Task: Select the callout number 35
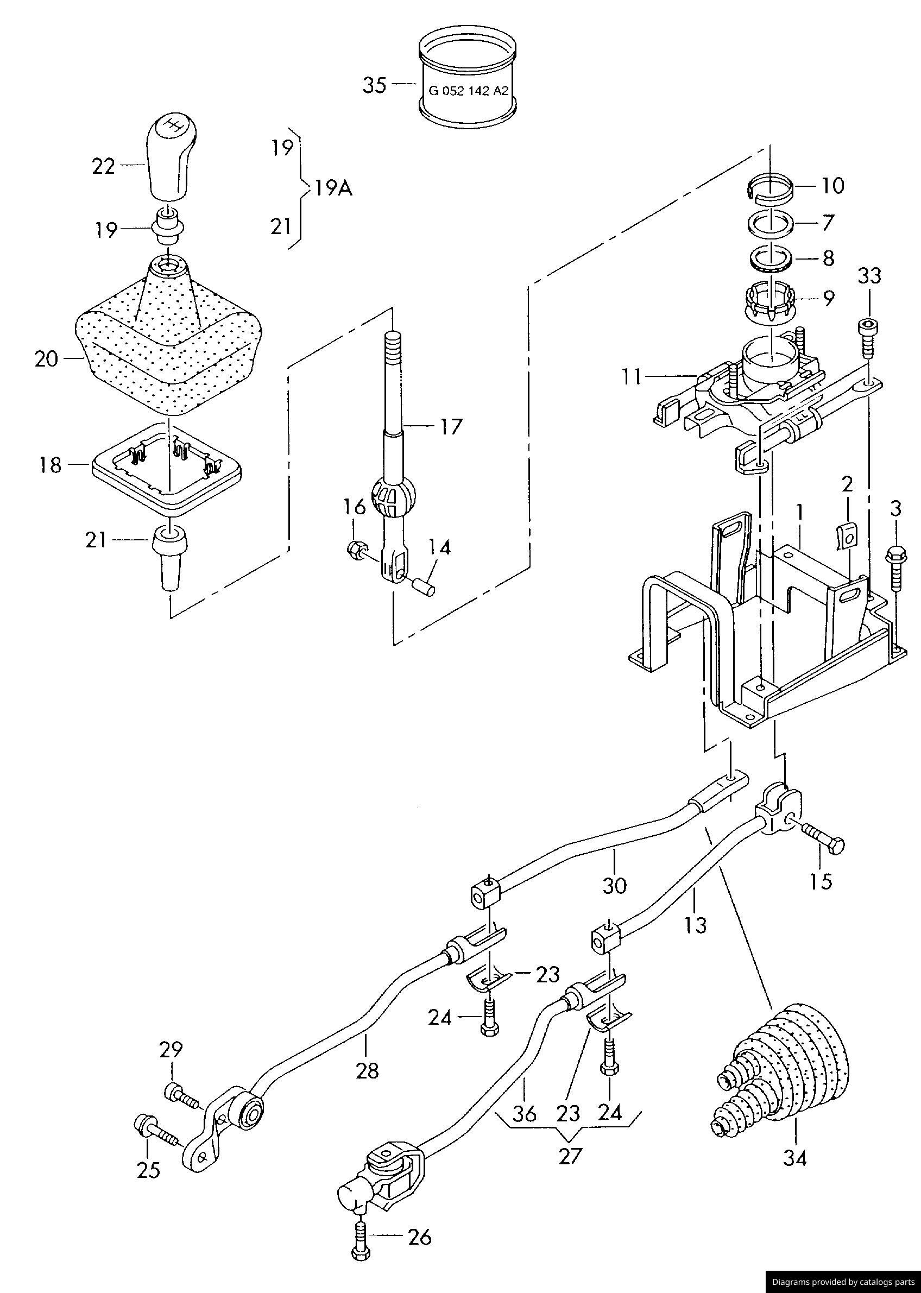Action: tap(374, 86)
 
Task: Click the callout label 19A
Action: tap(333, 188)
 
